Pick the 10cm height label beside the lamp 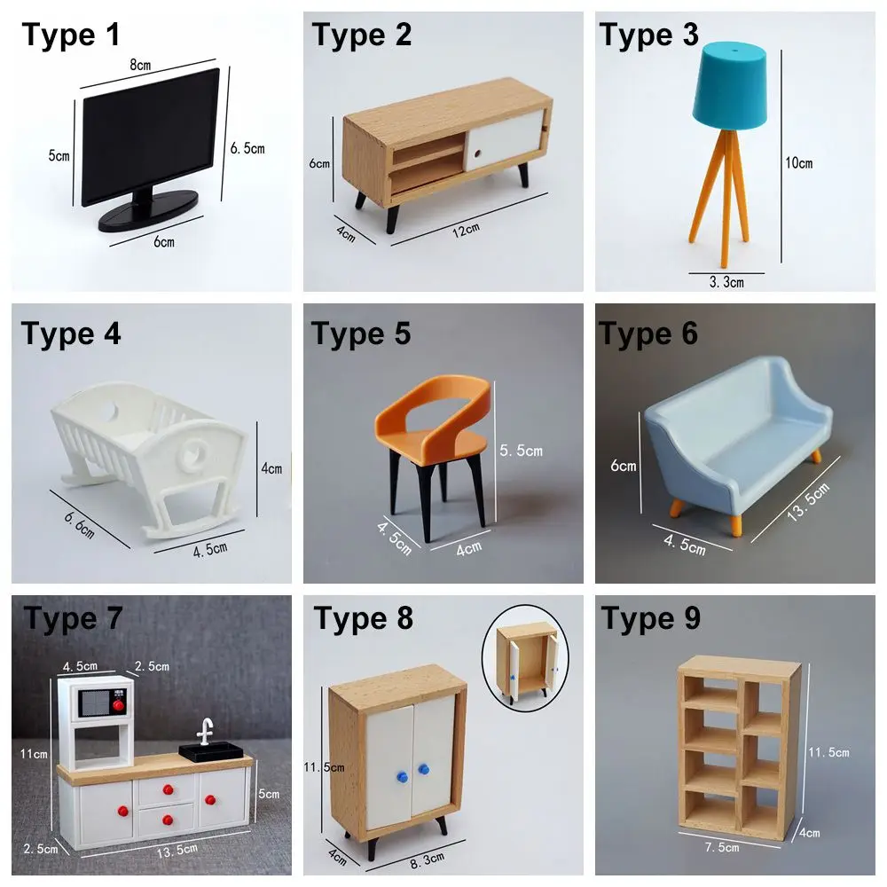pos(798,162)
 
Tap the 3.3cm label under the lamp pos(725,282)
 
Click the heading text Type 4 pos(71,334)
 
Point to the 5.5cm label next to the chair pos(521,451)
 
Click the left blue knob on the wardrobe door pos(400,777)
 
